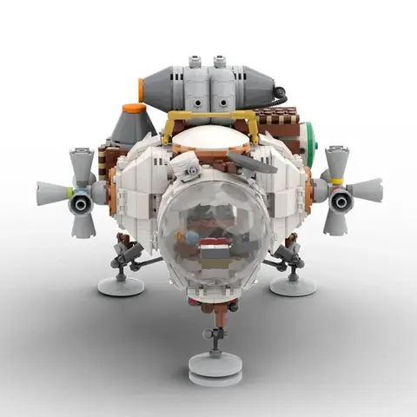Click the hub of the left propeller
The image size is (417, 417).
(x=80, y=202)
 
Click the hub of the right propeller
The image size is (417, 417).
(x=340, y=201)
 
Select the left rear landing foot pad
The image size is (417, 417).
(x=121, y=286)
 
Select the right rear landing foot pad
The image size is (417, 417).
(x=292, y=284)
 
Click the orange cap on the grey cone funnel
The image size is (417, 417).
(x=134, y=109)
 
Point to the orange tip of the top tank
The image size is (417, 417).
(x=140, y=89)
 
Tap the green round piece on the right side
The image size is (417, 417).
(x=311, y=138)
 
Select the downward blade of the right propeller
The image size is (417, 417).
(x=335, y=223)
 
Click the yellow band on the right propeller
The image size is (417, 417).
(x=335, y=181)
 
